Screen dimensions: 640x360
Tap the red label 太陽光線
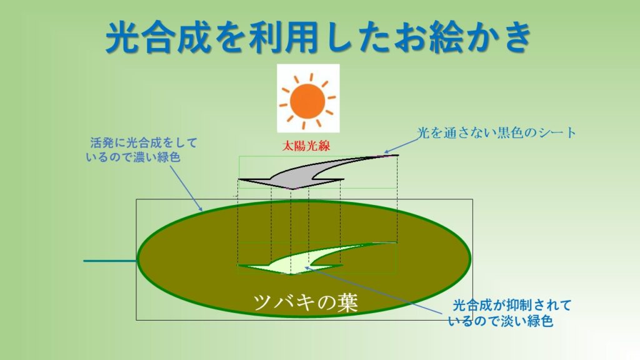click(306, 146)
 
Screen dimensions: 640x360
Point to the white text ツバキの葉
click(305, 302)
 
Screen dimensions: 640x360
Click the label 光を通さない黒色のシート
click(496, 132)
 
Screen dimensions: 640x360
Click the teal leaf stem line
click(110, 261)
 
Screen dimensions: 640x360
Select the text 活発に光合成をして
click(144, 143)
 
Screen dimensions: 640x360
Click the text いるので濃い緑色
click(133, 157)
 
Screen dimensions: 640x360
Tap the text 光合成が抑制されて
click(512, 305)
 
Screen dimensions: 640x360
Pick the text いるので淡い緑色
click(501, 321)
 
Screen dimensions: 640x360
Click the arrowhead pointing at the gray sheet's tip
click(386, 152)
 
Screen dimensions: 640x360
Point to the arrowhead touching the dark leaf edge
click(200, 209)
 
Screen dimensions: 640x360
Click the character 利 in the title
click(266, 37)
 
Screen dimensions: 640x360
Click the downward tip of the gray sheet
click(292, 189)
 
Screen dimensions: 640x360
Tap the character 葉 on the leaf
click(347, 302)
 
